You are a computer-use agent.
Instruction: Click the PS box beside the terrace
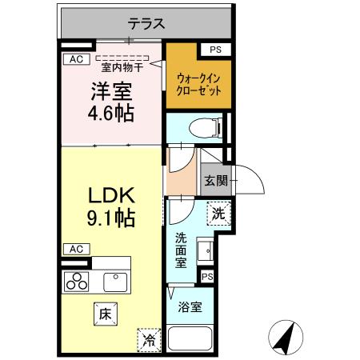(214, 50)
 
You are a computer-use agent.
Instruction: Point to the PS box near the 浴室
(207, 276)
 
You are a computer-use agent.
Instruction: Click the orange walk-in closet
(198, 84)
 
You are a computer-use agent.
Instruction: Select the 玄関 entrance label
(214, 182)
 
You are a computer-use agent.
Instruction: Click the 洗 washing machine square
(218, 214)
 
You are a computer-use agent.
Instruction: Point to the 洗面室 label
(182, 248)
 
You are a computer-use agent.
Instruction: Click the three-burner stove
(78, 281)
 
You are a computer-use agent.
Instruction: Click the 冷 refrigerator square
(149, 338)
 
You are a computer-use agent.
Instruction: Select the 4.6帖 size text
(111, 113)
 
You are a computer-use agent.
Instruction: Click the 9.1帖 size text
(111, 216)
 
